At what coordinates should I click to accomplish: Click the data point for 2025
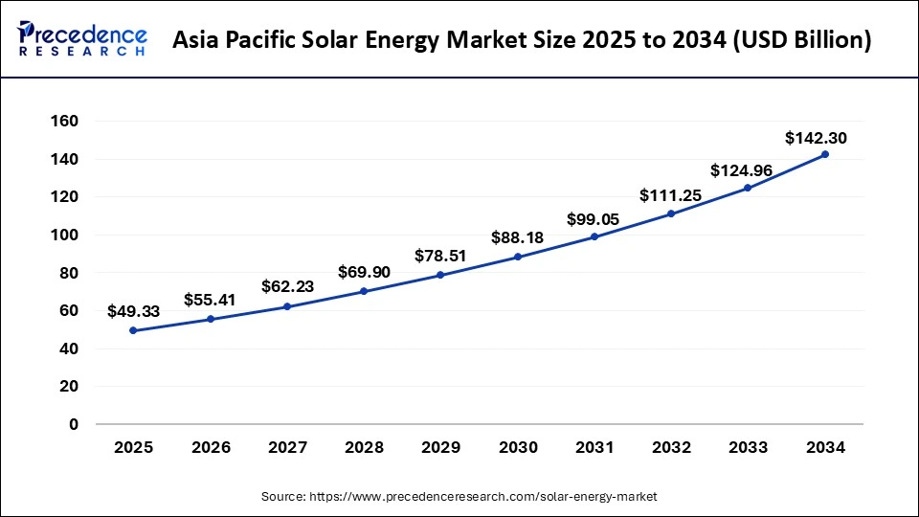[133, 330]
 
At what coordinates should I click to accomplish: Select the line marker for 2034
[825, 154]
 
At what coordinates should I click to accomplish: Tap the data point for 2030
[518, 257]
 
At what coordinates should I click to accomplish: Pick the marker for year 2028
[364, 291]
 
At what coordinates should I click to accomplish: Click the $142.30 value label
[816, 138]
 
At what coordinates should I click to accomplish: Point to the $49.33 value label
[133, 310]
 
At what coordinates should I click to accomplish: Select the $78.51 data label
[440, 256]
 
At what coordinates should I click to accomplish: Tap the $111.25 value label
[670, 195]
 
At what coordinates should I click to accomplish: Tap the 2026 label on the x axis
[211, 447]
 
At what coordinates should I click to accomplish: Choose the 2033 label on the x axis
[749, 447]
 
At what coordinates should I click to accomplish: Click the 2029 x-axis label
[440, 447]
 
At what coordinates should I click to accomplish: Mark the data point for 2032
[671, 214]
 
